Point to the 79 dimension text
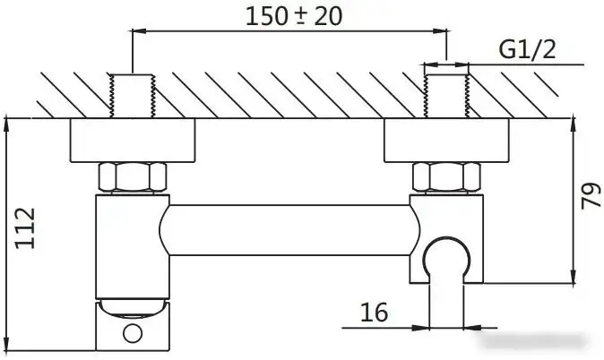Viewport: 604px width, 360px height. pos(590,198)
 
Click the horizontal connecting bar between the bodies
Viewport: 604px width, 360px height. pos(289,228)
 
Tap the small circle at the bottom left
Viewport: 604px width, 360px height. pos(133,334)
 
